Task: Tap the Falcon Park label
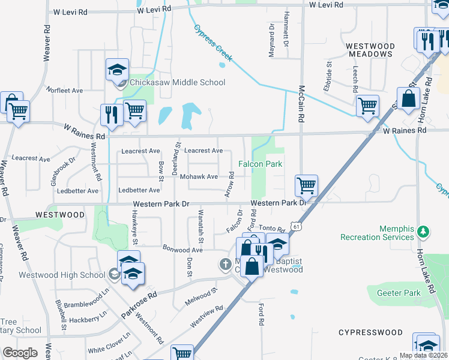pos(260,164)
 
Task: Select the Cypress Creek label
pos(212,43)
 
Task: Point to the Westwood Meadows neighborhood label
pos(369,51)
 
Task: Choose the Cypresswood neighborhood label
pos(370,332)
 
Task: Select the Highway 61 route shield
pos(294,226)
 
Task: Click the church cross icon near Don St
pos(225,264)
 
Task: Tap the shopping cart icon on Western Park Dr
pos(306,186)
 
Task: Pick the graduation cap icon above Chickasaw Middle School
pos(118,70)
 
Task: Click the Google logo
pos(20,353)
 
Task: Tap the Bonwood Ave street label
pos(183,248)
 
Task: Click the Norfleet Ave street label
pos(62,91)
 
